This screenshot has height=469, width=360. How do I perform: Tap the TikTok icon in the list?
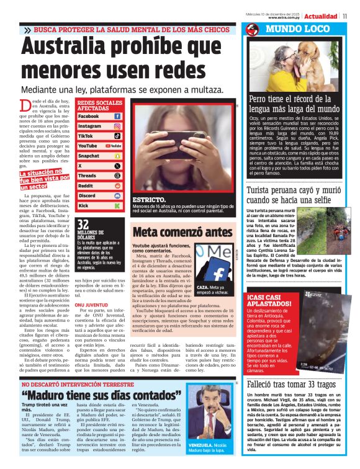point(117,136)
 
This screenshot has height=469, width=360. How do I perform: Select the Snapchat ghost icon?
point(117,156)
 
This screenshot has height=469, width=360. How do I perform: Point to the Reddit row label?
point(86,185)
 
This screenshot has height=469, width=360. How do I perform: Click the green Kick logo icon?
point(117,205)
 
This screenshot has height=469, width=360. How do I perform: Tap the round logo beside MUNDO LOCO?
point(251,30)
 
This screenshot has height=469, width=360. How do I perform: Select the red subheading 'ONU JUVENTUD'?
point(92,306)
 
